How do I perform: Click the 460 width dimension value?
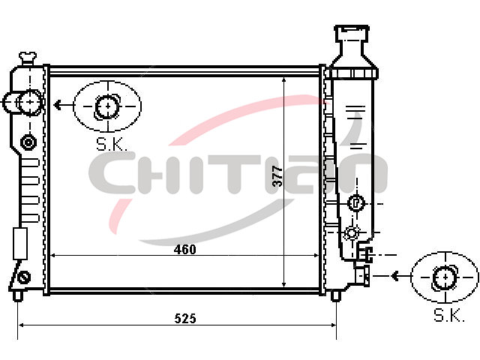pyautogui.click(x=184, y=250)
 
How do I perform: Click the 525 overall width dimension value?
pyautogui.click(x=185, y=319)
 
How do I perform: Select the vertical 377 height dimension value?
pyautogui.click(x=277, y=176)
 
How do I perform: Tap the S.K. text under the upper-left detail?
pyautogui.click(x=112, y=144)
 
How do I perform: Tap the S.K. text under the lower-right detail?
pyautogui.click(x=449, y=315)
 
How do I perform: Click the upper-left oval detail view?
pyautogui.click(x=107, y=106)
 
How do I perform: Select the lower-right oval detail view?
pyautogui.click(x=445, y=277)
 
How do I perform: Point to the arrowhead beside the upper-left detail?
pyautogui.click(x=57, y=105)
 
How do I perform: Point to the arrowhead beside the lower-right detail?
pyautogui.click(x=395, y=276)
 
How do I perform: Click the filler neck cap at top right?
pyautogui.click(x=352, y=33)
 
